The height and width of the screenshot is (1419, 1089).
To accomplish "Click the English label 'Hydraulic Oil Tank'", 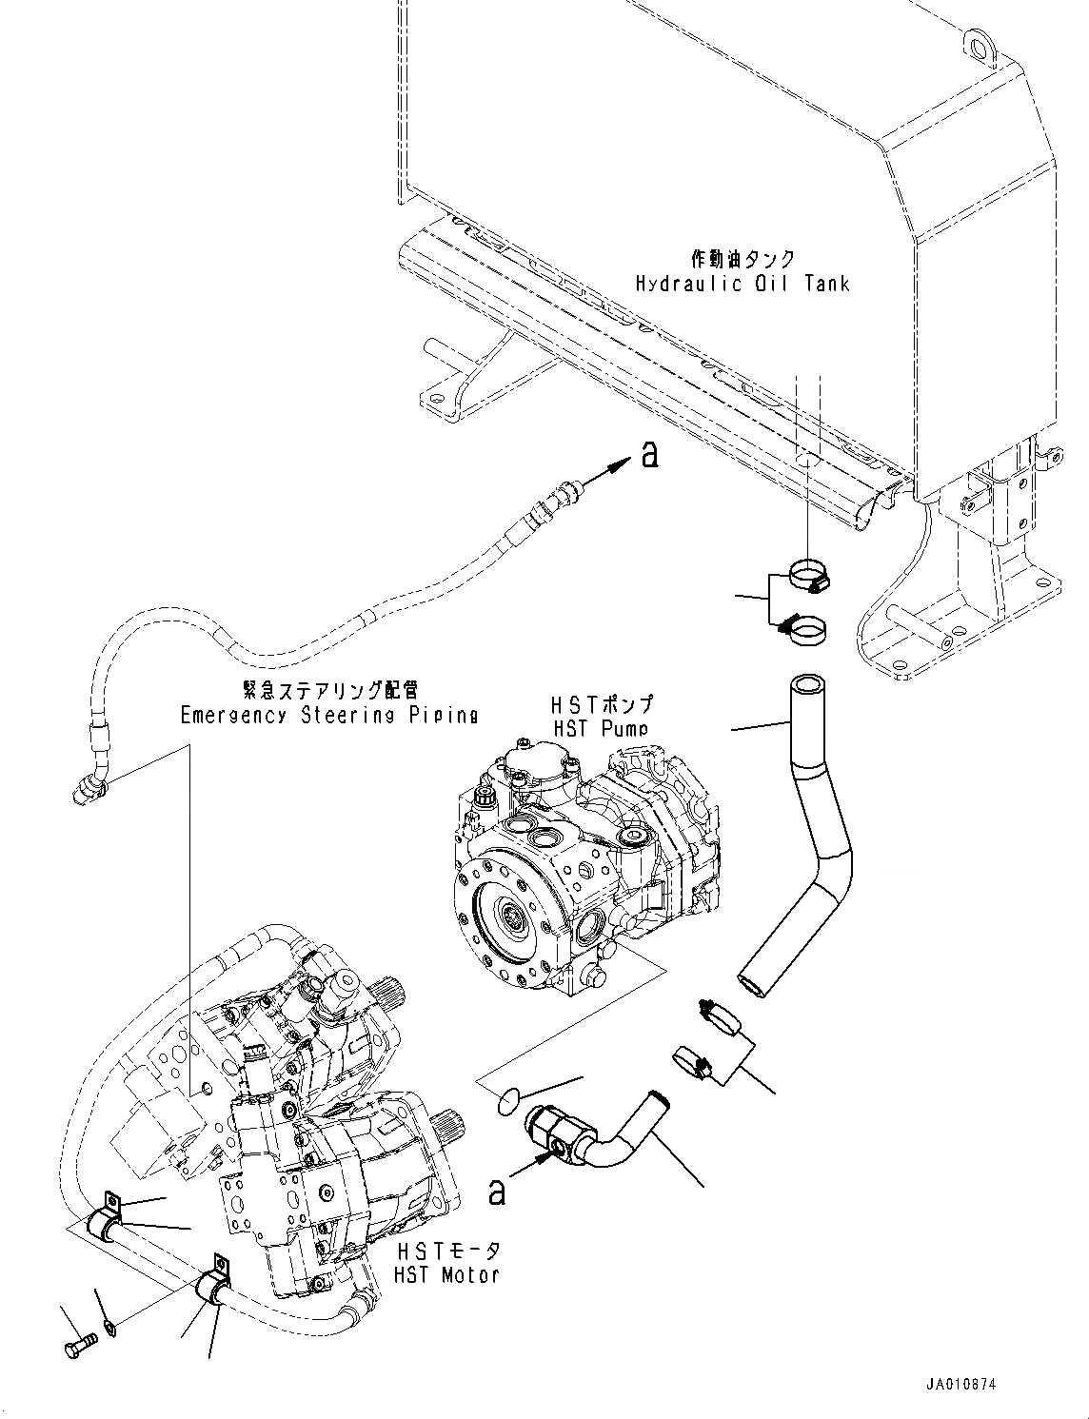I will tap(742, 283).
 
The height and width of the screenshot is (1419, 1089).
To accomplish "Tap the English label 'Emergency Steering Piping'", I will tap(328, 715).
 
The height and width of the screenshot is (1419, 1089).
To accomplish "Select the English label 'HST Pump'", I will tap(601, 728).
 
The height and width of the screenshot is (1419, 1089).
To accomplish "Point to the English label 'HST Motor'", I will tap(447, 1273).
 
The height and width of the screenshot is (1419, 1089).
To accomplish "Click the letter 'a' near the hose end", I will tap(649, 456).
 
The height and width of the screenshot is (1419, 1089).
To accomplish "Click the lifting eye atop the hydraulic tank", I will tap(976, 41).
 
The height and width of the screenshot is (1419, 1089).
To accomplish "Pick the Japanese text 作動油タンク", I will tap(742, 259).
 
